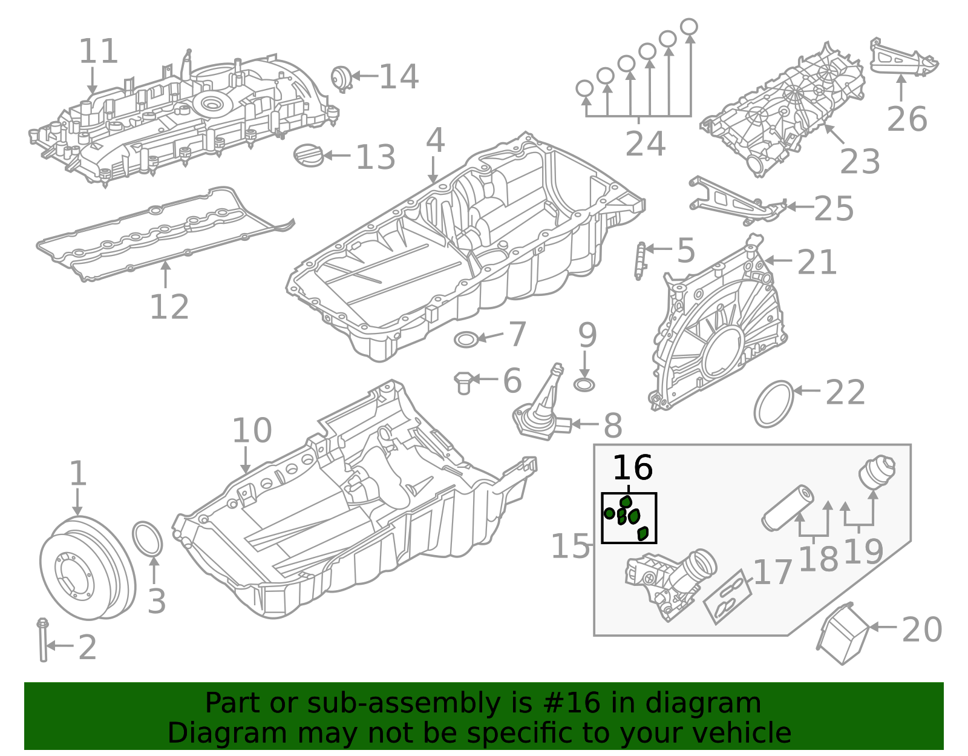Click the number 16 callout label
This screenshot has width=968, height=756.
632,468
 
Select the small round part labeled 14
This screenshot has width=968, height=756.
341,78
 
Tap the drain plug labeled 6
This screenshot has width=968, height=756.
463,383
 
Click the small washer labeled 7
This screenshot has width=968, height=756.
466,340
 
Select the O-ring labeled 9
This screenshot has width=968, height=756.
584,385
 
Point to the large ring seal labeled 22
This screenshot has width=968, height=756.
774,404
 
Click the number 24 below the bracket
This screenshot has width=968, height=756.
645,145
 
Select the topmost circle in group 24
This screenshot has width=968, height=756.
689,27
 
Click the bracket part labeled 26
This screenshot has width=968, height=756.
903,58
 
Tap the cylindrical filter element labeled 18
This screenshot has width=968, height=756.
786,508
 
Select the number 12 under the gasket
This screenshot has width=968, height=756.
169,307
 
